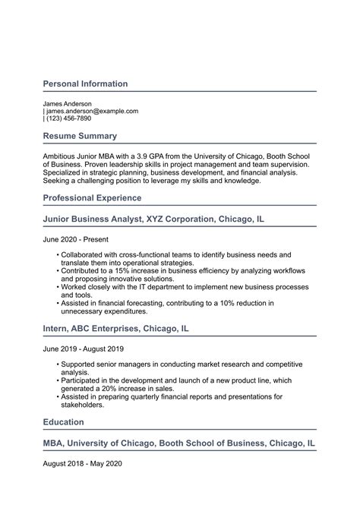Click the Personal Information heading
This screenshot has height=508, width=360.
[x=85, y=84]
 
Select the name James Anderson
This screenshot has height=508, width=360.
[x=67, y=103]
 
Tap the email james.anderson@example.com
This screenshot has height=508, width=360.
[x=92, y=111]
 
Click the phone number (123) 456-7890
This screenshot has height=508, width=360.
[x=68, y=118]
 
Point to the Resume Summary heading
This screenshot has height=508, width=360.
[x=80, y=136]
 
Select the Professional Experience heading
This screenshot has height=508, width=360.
[x=92, y=197]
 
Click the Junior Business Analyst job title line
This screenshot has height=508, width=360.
[x=153, y=219]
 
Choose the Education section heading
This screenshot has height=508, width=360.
[x=63, y=421]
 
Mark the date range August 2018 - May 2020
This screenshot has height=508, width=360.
[x=82, y=462]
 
